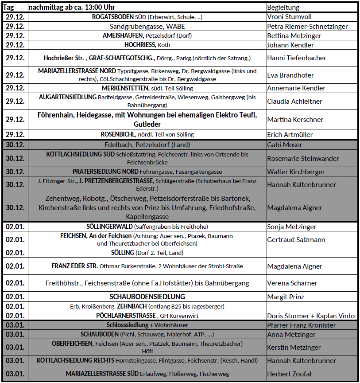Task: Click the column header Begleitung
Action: [x=283, y=8]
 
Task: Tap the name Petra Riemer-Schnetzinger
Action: [x=307, y=27]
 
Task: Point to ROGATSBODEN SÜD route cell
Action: [x=147, y=17]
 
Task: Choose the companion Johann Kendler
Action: [x=290, y=45]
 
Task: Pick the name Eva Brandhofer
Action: [x=290, y=75]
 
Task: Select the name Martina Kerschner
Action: [x=295, y=120]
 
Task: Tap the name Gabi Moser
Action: [x=285, y=145]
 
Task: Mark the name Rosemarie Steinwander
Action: [x=302, y=158]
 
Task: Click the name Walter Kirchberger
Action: [x=296, y=172]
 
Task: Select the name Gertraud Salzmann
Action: [x=296, y=240]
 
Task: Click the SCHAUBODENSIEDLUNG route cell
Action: [x=147, y=297]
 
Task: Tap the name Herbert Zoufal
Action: [x=289, y=374]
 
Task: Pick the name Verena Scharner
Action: [x=292, y=283]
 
